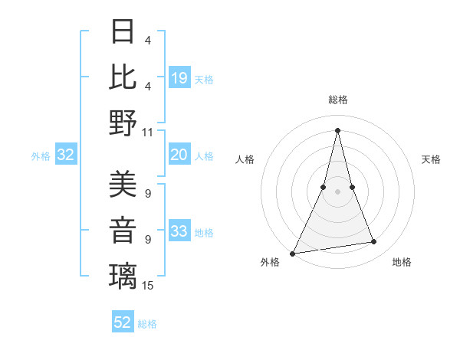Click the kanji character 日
(123, 31)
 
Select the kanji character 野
(123, 122)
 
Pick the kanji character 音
(123, 231)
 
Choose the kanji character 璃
(123, 276)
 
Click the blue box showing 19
(179, 78)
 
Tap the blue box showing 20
(179, 155)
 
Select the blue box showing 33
(179, 232)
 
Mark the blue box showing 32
(65, 155)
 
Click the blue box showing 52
(123, 323)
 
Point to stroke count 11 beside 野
(148, 132)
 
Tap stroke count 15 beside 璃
(148, 286)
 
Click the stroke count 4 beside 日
(147, 40)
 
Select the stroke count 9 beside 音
(147, 240)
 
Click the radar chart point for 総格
(337, 129)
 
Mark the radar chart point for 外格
(292, 253)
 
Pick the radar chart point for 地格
(374, 242)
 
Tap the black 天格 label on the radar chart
(431, 159)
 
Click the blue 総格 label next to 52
(147, 324)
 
